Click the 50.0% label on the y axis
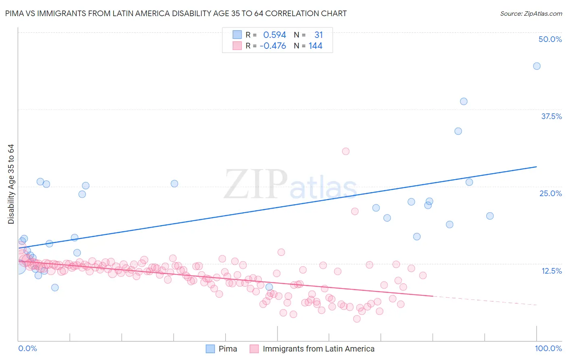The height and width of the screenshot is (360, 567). (550, 39)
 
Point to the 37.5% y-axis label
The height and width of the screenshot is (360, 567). (551, 116)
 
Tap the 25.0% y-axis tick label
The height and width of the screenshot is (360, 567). (550, 193)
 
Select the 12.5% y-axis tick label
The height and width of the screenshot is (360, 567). (551, 271)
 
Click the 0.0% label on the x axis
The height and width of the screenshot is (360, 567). (27, 348)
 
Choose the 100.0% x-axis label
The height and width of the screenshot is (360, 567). (548, 348)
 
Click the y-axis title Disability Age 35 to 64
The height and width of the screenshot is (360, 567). (11, 184)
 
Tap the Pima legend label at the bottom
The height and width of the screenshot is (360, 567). (228, 349)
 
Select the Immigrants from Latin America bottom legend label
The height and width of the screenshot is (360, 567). (319, 349)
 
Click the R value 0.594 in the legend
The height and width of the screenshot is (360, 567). (275, 35)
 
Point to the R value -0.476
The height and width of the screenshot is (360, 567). (273, 46)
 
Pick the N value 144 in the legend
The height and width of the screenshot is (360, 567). (315, 46)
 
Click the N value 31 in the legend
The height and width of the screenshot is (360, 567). (319, 35)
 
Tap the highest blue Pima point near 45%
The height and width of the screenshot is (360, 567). (537, 66)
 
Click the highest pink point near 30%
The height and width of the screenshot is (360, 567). (346, 151)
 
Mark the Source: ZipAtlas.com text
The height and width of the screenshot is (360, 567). (531, 14)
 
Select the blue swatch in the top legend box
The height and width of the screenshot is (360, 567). (237, 35)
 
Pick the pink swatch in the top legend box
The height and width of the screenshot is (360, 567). (237, 46)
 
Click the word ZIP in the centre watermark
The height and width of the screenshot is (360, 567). (256, 185)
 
